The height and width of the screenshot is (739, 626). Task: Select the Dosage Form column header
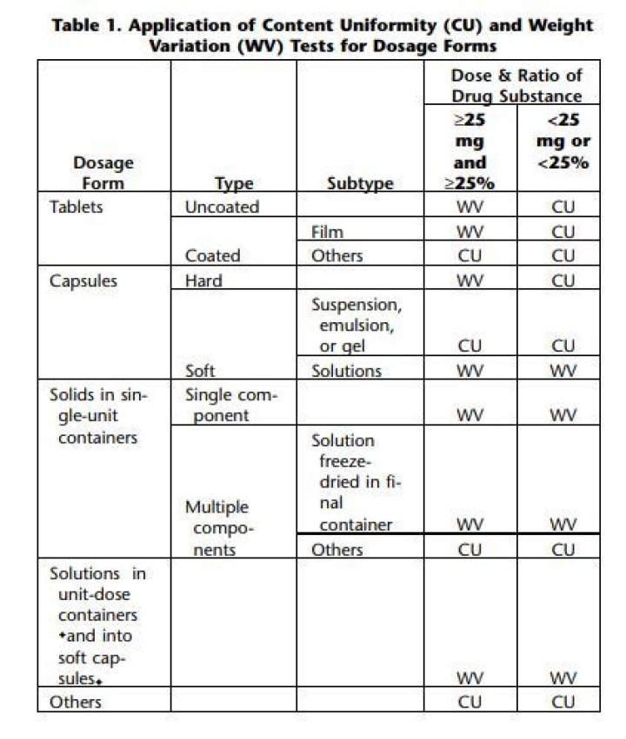pyautogui.click(x=103, y=173)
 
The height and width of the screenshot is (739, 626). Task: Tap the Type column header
pyautogui.click(x=234, y=183)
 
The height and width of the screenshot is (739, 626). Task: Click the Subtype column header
pyautogui.click(x=360, y=183)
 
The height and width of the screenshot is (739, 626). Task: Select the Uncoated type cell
pyautogui.click(x=222, y=207)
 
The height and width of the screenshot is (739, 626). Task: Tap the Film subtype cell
pyautogui.click(x=328, y=232)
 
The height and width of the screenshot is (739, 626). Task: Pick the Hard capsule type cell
pyautogui.click(x=203, y=280)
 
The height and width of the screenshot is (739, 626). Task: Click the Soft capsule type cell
pyautogui.click(x=201, y=371)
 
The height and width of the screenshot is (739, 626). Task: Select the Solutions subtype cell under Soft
pyautogui.click(x=347, y=371)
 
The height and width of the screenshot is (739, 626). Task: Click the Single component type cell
pyautogui.click(x=230, y=405)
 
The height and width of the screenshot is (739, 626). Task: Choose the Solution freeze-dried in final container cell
pyautogui.click(x=356, y=482)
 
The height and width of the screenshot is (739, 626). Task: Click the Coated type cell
pyautogui.click(x=212, y=256)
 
